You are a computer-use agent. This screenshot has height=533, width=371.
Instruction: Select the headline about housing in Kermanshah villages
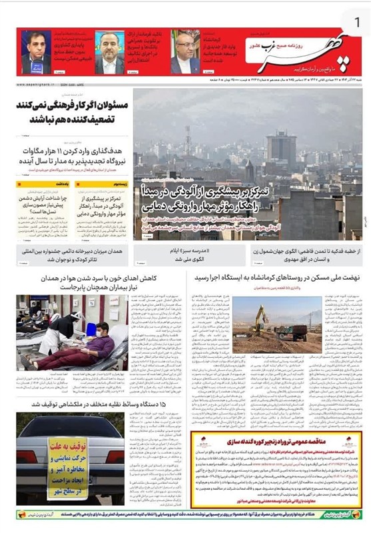tap(276, 276)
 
